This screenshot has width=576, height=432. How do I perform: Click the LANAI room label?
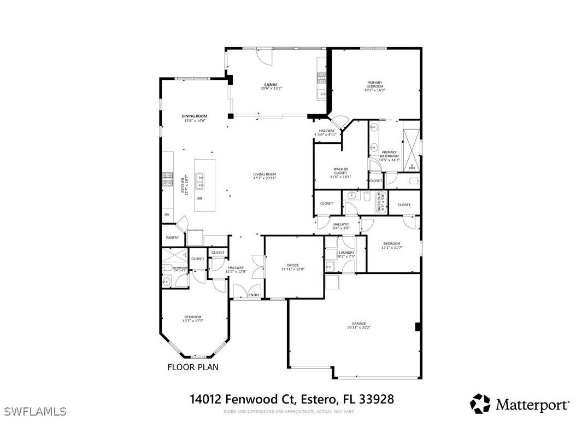271,84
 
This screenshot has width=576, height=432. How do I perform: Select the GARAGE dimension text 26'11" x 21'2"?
358,328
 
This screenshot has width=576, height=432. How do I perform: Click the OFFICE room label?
293,265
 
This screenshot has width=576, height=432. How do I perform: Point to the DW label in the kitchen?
199,199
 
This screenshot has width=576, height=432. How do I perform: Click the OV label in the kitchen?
167,215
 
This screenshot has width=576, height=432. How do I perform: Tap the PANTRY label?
172,238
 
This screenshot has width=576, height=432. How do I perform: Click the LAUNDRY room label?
346,253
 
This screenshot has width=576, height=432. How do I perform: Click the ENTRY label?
254,295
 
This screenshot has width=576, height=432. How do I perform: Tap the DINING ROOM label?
195,116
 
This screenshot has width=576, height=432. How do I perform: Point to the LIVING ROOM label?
264,174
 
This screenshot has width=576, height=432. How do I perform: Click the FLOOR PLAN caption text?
192,367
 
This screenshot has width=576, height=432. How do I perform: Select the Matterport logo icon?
480,404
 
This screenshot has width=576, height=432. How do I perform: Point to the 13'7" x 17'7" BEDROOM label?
193,317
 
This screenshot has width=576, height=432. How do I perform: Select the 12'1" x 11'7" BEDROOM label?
391,244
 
